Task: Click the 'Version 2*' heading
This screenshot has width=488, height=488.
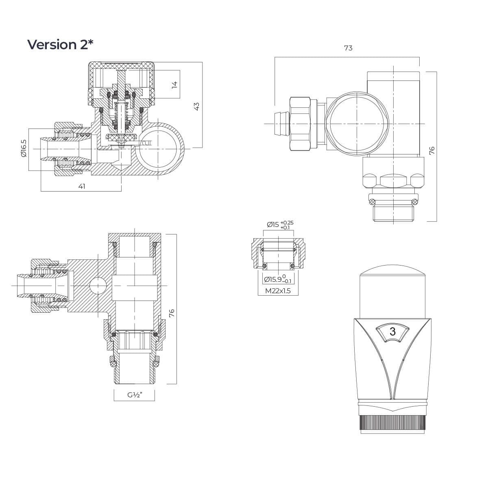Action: (x=60, y=45)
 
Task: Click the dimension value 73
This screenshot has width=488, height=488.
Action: (x=348, y=48)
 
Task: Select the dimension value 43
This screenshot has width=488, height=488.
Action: (x=196, y=106)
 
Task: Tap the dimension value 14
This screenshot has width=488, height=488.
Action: (x=174, y=85)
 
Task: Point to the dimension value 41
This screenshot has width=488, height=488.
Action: (x=82, y=186)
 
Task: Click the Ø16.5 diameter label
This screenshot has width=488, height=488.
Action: (x=24, y=148)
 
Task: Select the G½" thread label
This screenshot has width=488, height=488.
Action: (x=135, y=395)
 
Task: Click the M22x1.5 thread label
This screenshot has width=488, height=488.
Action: (x=278, y=291)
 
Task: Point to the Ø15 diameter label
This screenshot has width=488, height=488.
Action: (x=273, y=224)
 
